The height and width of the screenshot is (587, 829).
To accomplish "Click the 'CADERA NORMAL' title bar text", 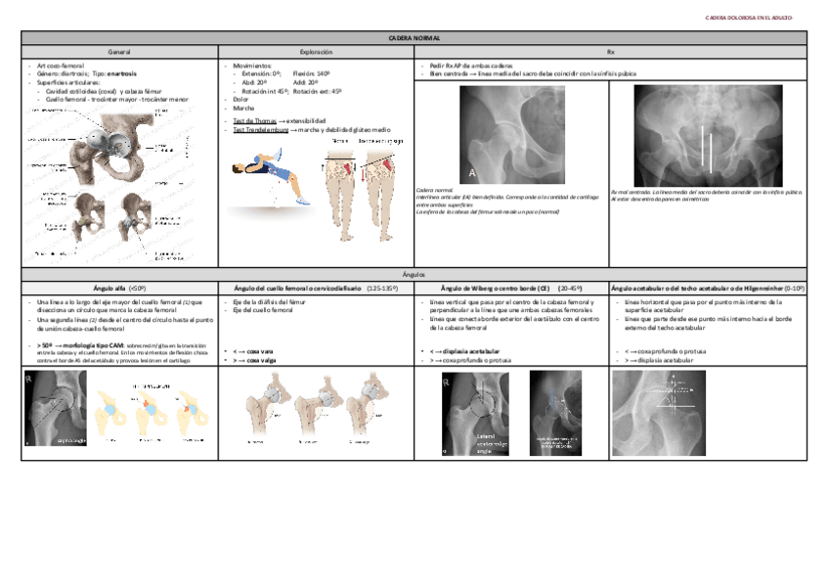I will click(414, 36).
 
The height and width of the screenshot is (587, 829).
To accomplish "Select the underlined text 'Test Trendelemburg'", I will click(260, 128).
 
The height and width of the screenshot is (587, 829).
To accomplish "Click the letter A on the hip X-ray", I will click(471, 172).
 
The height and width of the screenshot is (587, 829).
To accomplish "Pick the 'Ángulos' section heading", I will click(414, 275).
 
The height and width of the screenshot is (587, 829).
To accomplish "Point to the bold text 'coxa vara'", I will click(259, 351).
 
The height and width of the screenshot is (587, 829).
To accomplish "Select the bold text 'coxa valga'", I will click(260, 359).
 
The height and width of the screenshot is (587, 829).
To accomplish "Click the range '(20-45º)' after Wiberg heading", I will click(569, 289).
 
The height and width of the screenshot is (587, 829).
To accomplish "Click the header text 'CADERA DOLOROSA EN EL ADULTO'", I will click(751, 18).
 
